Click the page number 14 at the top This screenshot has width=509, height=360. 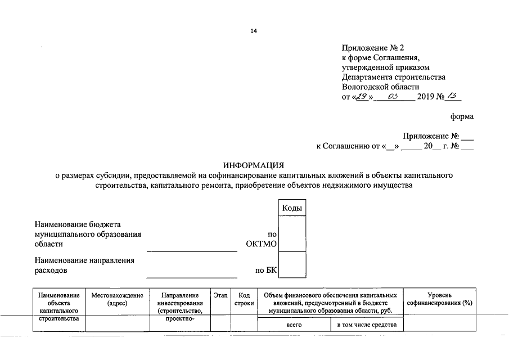pos(254,31)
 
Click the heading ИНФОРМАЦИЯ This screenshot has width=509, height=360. pos(254,165)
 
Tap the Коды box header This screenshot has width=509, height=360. pos(292,208)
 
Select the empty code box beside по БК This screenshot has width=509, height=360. pos(292,265)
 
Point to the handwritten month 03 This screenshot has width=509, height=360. pos(394,96)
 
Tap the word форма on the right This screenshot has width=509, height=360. pos(462,117)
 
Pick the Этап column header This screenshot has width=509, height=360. pos(220,295)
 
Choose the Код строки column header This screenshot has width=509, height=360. pos(244,299)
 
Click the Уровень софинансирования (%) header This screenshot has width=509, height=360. pos(440,299)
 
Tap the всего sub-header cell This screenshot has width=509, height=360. pos(294,325)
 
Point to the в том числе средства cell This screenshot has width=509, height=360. pos(367,325)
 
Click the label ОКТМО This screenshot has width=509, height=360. pos(262,244)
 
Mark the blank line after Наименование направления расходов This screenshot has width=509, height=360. pos(192,276)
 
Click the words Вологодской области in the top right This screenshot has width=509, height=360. pos(380,87)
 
